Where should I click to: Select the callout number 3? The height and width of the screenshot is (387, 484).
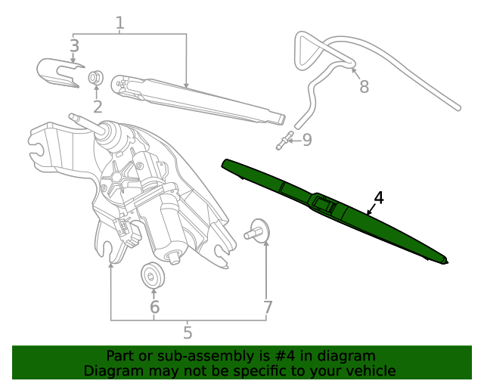pos(74,46)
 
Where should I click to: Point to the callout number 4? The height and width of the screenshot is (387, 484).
pos(379,198)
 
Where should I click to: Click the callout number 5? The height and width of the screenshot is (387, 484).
pos(188,332)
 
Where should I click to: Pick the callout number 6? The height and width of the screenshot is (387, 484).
pos(154,307)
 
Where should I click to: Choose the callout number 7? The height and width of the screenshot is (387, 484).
pos(267,307)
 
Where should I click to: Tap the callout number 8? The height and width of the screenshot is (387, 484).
pos(364,87)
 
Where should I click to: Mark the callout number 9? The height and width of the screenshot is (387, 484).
pos(306,140)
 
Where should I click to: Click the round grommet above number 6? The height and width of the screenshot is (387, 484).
pos(154,275)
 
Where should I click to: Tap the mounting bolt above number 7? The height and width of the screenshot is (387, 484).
pos(260,231)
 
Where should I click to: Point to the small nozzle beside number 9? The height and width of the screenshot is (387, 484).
pos(284,141)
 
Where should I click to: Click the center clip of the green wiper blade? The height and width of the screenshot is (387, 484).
pos(326,202)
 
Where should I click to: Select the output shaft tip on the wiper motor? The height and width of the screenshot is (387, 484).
pos(74,117)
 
